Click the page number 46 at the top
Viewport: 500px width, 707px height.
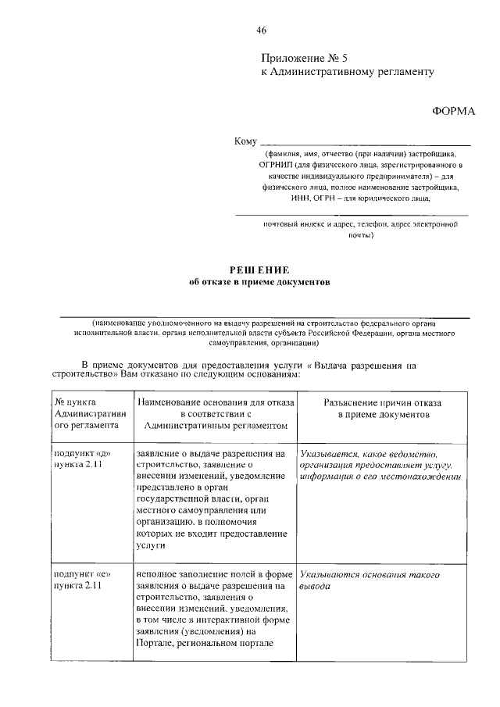(x=261, y=30)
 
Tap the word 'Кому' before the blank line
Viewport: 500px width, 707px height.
(x=245, y=141)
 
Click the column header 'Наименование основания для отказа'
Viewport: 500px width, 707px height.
(x=216, y=413)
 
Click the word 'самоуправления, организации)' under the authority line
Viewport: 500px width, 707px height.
(x=262, y=343)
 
